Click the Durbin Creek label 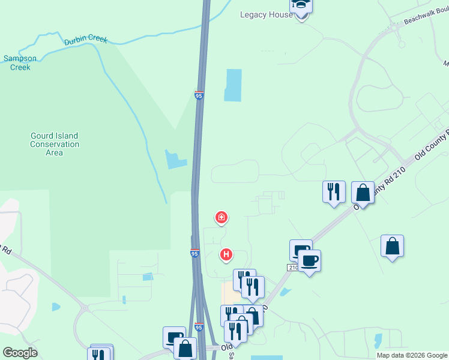click(x=86, y=40)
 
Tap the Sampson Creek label click(x=20, y=63)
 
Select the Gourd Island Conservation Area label click(x=55, y=144)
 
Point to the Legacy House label click(x=266, y=14)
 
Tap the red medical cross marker click(x=221, y=217)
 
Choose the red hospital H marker click(x=226, y=255)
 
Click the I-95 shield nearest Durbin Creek click(x=199, y=95)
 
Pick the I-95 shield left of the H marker click(x=194, y=253)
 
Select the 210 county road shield click(x=292, y=268)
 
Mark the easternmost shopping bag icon click(x=392, y=246)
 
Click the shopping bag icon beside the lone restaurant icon click(x=363, y=193)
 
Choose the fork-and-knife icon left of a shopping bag click(x=334, y=192)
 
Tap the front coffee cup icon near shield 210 click(x=309, y=261)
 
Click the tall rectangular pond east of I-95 click(x=233, y=85)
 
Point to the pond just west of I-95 click(x=176, y=159)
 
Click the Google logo click(x=20, y=353)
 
